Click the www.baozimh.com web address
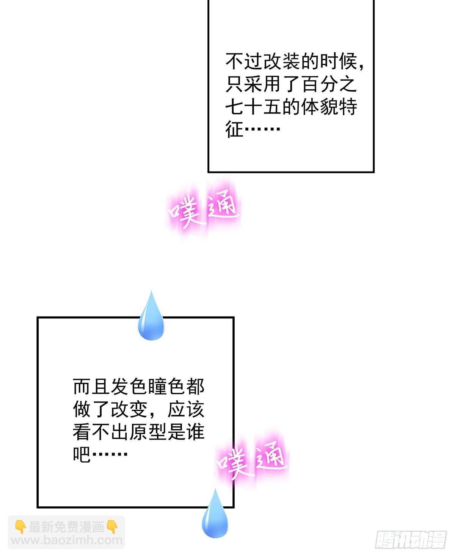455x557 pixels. (67, 540)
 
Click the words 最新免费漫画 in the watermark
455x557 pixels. (66, 527)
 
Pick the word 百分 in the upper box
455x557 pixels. (320, 84)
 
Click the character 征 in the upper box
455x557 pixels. (234, 129)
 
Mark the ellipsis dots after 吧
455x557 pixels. (109, 454)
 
